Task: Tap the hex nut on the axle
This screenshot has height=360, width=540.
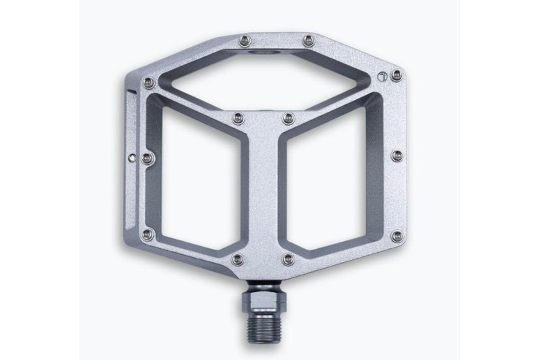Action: tap(264, 300)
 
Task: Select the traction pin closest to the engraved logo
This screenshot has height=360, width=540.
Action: tap(396, 75)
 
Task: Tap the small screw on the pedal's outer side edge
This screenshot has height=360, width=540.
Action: tap(131, 157)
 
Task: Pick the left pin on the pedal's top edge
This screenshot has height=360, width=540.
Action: tap(244, 41)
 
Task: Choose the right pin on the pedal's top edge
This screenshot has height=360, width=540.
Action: tap(308, 41)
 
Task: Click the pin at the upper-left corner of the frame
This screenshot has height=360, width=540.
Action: tap(148, 83)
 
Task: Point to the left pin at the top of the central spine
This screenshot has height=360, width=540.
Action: tap(238, 119)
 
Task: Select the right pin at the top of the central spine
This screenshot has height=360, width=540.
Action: tap(288, 119)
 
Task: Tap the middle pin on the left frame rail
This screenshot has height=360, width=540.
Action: tap(147, 158)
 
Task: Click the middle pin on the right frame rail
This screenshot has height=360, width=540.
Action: tap(396, 156)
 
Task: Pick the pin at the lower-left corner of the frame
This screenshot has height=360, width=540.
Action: tap(147, 234)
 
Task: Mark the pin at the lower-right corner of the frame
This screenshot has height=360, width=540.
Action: tap(396, 235)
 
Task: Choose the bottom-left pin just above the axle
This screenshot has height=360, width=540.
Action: tap(238, 259)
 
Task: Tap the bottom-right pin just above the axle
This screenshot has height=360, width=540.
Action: tap(288, 259)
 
